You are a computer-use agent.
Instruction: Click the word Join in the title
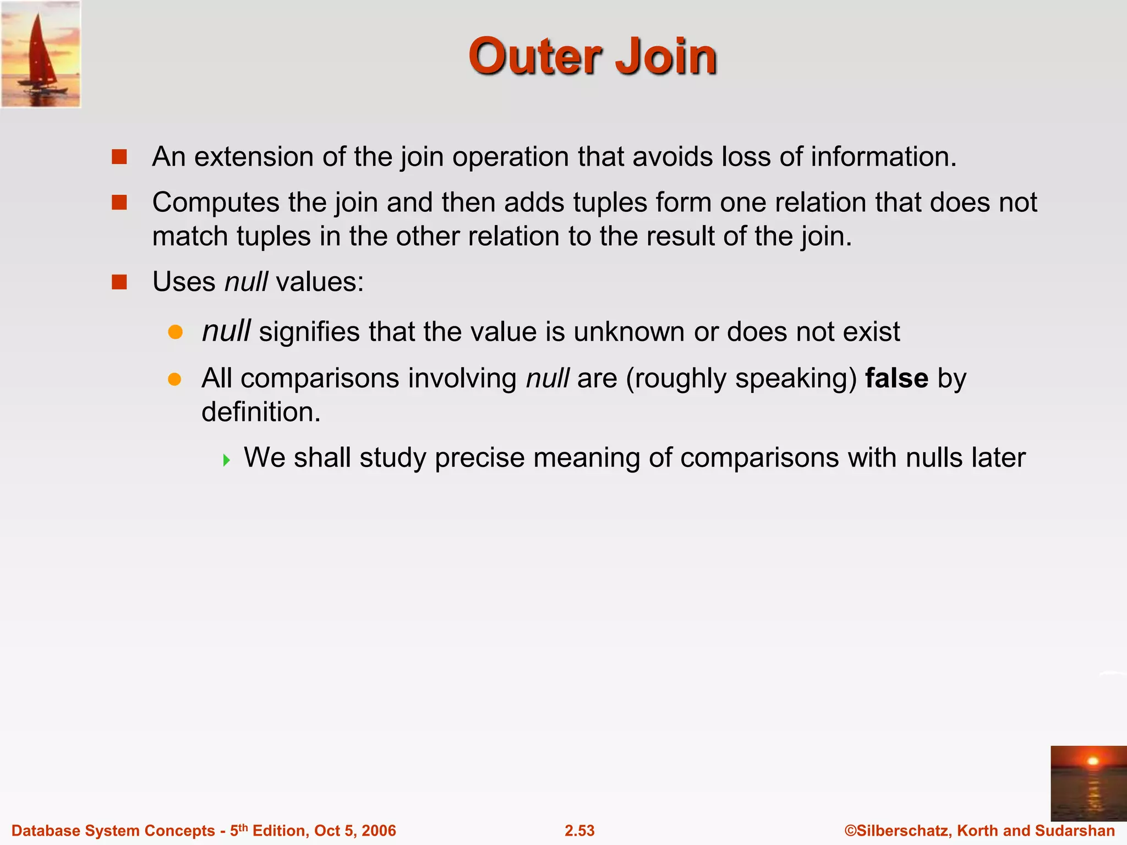tap(666, 57)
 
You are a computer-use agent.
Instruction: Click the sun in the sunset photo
tap(1093, 761)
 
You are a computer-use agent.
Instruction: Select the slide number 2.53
tap(579, 831)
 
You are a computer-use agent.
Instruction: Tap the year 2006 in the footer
tap(378, 831)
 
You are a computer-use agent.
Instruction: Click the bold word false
tap(896, 378)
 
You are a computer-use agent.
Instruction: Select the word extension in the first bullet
tap(253, 157)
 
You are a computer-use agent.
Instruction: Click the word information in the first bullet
tap(883, 157)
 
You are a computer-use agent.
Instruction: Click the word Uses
tap(184, 282)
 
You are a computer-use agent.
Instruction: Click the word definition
tap(260, 412)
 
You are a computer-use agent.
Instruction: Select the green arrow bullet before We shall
tap(227, 459)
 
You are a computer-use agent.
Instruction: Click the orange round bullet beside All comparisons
tap(175, 379)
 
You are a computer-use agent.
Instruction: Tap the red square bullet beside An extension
tap(119, 157)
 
